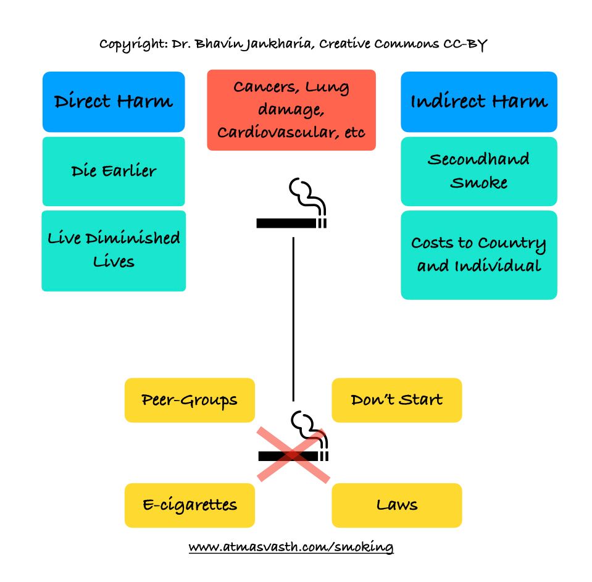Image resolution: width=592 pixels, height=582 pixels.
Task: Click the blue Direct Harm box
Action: coord(114,102)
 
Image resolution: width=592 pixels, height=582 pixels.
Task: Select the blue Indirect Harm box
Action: coord(479,102)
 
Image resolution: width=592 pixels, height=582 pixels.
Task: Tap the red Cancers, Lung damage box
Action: coord(291,110)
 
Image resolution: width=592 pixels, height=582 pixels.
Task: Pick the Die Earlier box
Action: coord(114,172)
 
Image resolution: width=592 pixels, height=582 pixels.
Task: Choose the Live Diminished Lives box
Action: coord(114,251)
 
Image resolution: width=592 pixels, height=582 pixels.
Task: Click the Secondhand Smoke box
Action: coord(479,172)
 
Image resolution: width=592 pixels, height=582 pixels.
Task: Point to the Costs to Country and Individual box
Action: coord(479,255)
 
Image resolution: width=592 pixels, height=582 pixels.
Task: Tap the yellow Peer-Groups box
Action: coord(190,400)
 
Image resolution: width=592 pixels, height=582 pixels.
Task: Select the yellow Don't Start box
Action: coord(397,400)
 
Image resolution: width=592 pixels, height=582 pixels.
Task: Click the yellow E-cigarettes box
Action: coord(190,505)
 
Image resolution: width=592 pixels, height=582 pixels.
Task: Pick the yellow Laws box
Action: coord(397,505)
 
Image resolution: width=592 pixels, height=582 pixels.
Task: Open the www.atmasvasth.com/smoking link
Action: coord(291,547)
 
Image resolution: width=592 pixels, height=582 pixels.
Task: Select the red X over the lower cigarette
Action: coord(293,455)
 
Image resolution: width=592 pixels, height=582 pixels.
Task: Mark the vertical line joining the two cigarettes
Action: coord(293,319)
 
